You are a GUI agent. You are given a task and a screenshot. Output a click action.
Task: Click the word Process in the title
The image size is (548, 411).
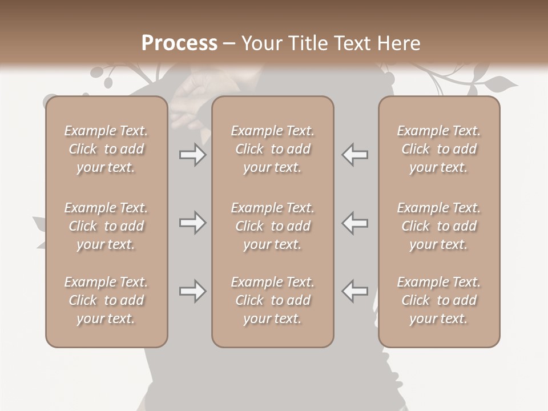coord(179,43)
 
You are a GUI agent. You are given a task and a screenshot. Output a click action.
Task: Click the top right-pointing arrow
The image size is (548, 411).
coord(192,155)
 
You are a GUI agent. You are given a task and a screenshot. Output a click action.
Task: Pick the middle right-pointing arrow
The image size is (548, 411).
coord(192,223)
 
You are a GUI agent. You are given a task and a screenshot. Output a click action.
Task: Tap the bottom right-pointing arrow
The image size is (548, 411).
coord(192,291)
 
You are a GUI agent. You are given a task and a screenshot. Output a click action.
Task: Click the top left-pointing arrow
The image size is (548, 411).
coord(355,155)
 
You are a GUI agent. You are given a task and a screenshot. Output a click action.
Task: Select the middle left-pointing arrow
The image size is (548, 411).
coord(355,223)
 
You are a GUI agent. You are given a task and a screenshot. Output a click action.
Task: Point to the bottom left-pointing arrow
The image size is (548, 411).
coord(355,291)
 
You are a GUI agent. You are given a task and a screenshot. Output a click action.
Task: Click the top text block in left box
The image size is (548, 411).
coord(106,149)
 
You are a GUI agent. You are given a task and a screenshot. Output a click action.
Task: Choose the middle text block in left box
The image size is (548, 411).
coord(106,226)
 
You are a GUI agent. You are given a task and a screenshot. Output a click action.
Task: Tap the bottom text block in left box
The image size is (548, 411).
coord(106,300)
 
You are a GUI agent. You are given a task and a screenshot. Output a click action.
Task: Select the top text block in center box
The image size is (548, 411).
coord(273,149)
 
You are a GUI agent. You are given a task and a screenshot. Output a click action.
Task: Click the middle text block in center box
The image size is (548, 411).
coord(273,226)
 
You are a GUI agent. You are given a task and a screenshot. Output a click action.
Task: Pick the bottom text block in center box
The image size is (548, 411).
coord(273,300)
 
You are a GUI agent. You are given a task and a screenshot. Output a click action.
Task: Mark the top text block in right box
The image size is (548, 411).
coord(439,149)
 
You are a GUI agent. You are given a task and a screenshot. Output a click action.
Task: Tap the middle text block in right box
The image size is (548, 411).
coord(439,226)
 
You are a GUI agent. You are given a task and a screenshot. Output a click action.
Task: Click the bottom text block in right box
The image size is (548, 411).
coord(439,300)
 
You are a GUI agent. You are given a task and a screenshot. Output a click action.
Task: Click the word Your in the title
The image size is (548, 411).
coord(261,43)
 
